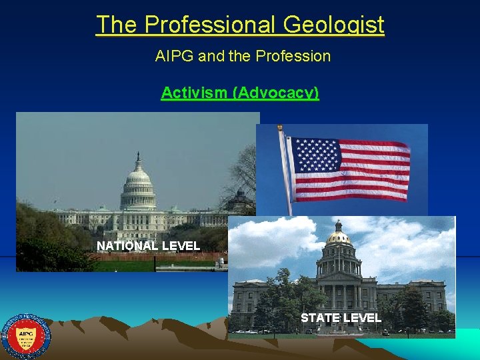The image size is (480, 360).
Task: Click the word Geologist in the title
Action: click(333, 25)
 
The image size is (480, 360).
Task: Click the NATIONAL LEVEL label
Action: click(148, 246)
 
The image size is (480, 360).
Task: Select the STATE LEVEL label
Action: click(341, 318)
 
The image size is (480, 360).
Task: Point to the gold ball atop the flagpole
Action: click(280, 127)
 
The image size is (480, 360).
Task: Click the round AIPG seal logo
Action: click(26, 337)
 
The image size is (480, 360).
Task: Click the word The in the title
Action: click(118, 25)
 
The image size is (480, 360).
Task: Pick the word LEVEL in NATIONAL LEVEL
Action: click(181, 246)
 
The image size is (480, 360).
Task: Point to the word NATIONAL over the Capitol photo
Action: click(127, 246)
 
